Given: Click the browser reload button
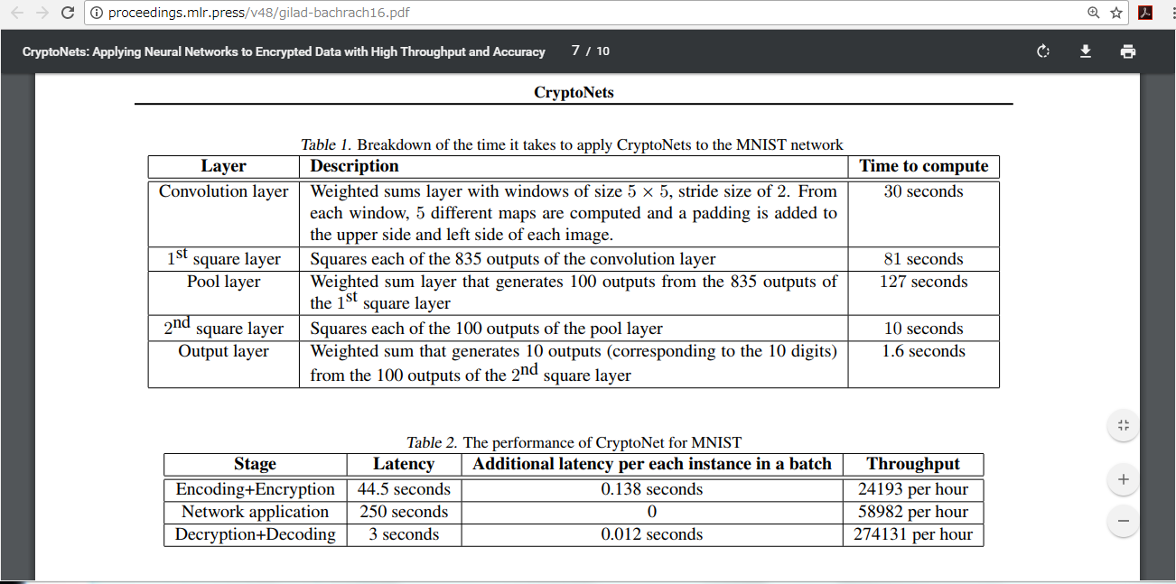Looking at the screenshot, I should (x=68, y=13).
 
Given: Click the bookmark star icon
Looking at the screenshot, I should (x=1116, y=13).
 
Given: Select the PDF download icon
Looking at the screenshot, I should (x=1086, y=51).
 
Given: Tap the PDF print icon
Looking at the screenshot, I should (x=1127, y=51).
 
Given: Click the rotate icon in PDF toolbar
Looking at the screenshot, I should (x=1043, y=51).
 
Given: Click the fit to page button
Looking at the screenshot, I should (x=1123, y=425).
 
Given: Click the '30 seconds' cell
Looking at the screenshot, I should (x=923, y=191).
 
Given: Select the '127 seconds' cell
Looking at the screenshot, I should (x=923, y=282).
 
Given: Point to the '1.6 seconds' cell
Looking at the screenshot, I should (x=923, y=351).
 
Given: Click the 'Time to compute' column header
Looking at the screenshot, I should (x=923, y=166).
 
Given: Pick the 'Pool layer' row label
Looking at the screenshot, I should (x=223, y=282).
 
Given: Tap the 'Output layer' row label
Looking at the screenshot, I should (x=223, y=351).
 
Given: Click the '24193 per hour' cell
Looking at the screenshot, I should (x=912, y=489).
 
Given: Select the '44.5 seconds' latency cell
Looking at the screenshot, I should (x=404, y=489).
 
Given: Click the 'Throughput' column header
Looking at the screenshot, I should (x=912, y=464).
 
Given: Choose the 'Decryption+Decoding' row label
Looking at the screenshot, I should (x=255, y=534).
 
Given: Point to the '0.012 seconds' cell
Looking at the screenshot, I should (x=651, y=534).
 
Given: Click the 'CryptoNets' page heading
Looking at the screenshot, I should (x=574, y=93).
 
